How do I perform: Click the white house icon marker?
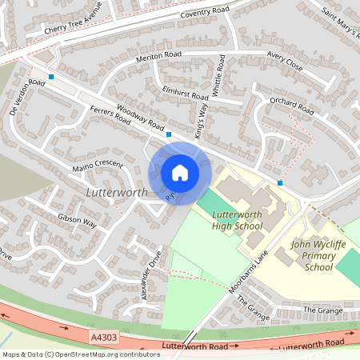tap(180, 172)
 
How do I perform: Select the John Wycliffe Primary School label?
tap(318, 256)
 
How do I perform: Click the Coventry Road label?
tap(206, 14)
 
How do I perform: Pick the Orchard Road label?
tap(291, 104)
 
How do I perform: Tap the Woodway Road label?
tap(140, 118)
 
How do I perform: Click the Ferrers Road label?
tap(110, 116)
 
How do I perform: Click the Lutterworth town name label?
tap(116, 194)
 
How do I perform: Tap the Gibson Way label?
tap(77, 220)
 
